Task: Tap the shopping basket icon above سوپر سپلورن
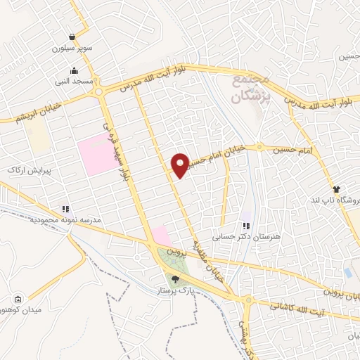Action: point(72,37)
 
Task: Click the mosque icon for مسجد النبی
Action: point(75,70)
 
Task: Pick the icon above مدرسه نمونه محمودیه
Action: point(65,209)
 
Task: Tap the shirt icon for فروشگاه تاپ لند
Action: point(336,189)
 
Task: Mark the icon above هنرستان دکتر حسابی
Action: point(246,226)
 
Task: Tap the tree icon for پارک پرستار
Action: point(176,278)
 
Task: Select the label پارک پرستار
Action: point(175,290)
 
